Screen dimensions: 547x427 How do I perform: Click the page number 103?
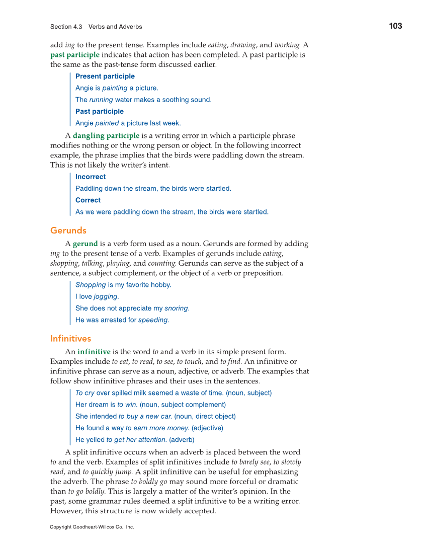[395, 26]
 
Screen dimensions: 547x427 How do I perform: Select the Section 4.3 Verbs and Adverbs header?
[96, 27]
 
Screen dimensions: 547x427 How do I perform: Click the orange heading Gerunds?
[68, 230]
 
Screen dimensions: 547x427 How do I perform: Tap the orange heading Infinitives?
[70, 338]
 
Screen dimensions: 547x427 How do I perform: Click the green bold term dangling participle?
[106, 136]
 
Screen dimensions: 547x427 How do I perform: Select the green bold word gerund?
[85, 244]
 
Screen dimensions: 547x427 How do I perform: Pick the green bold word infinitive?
[94, 352]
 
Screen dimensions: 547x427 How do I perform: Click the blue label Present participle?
[105, 76]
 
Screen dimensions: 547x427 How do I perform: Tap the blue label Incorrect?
[91, 177]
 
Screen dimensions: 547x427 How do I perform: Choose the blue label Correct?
[88, 200]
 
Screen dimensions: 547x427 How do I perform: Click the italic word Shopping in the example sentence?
[91, 285]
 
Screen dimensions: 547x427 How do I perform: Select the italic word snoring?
[176, 308]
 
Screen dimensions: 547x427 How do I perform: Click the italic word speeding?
[153, 320]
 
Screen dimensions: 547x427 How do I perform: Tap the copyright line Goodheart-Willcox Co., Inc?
[92, 527]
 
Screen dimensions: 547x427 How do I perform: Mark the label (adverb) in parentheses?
[182, 440]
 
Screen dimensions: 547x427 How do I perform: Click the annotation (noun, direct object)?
[205, 416]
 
